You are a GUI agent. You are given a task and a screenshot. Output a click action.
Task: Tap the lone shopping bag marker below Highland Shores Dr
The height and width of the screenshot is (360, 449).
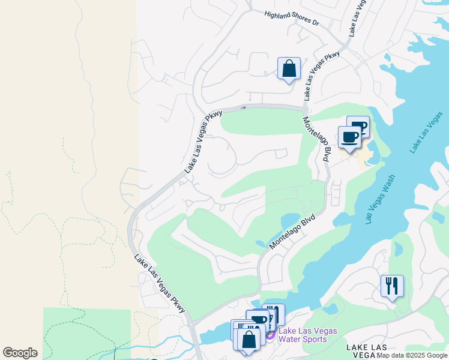click(x=289, y=68)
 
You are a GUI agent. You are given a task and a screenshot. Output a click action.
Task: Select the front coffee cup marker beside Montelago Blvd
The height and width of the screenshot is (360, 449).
click(x=349, y=137)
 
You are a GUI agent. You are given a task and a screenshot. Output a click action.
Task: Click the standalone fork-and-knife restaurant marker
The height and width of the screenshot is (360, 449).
click(x=392, y=286)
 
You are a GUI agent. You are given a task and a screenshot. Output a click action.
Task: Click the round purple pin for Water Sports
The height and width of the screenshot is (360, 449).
click(x=270, y=334)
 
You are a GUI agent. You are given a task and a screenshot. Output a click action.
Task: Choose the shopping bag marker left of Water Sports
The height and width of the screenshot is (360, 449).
click(x=248, y=339)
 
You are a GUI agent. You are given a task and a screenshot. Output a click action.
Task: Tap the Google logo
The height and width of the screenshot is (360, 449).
click(x=20, y=353)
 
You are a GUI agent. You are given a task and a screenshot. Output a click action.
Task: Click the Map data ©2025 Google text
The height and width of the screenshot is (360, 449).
click(x=412, y=356)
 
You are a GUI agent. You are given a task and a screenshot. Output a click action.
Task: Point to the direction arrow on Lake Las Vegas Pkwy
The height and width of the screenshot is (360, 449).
click(x=243, y=108)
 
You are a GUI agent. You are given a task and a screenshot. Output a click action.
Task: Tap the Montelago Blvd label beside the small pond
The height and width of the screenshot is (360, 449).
click(x=293, y=233)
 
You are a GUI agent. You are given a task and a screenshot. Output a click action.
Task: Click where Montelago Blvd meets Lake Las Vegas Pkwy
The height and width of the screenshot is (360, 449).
click(x=305, y=109)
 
